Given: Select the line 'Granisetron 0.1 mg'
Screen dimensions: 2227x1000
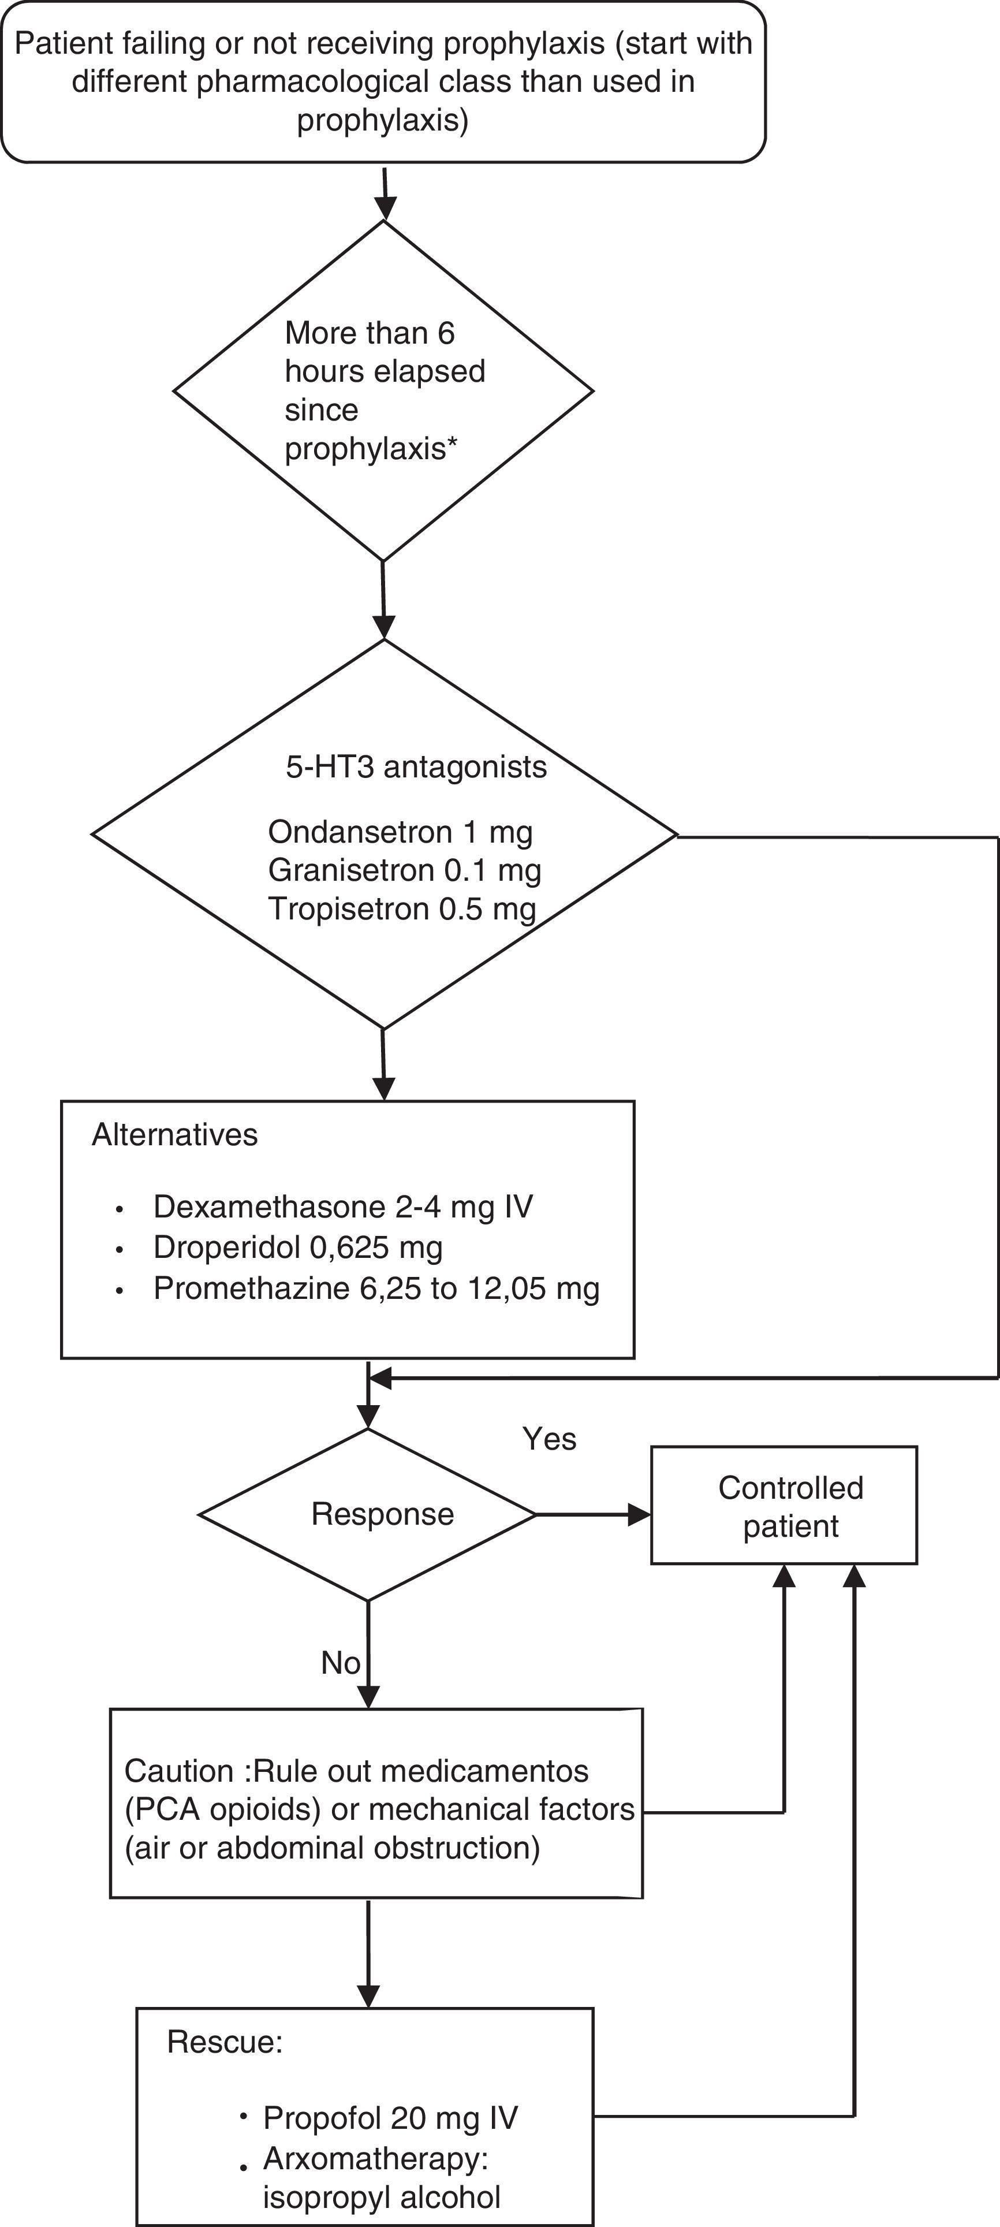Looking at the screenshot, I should (x=405, y=870).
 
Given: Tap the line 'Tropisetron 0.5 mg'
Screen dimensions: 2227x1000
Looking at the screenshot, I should (x=402, y=908).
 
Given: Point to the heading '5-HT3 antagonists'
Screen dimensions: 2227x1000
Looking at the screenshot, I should (x=416, y=767).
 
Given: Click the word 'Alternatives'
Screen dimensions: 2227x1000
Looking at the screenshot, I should (x=174, y=1134).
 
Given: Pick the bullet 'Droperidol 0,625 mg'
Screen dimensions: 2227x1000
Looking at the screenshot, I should (x=297, y=1247).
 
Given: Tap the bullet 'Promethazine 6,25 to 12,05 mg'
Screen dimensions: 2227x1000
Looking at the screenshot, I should (x=376, y=1288).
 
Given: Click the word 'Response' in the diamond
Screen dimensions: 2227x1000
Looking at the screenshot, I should (x=382, y=1514).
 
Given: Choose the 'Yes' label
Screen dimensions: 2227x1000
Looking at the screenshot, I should (x=549, y=1439).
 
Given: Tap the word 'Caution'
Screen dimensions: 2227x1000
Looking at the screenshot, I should (x=178, y=1771).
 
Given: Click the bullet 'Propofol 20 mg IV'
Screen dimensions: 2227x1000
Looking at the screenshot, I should (x=390, y=2117).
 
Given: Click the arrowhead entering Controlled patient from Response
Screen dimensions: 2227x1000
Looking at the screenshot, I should (x=640, y=1514).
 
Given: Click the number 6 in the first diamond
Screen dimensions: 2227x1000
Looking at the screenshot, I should (x=445, y=333).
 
